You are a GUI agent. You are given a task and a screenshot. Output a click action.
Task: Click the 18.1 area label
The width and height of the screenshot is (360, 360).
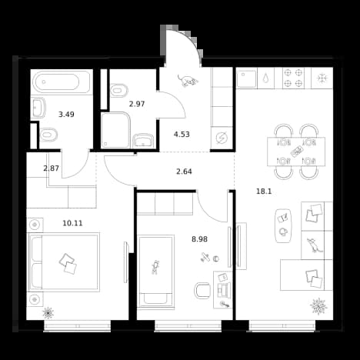tap(264, 192)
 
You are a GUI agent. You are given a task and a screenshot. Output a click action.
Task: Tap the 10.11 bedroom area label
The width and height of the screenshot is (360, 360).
tap(73, 223)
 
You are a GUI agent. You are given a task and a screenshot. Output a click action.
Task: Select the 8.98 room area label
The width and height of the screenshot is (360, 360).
tap(200, 239)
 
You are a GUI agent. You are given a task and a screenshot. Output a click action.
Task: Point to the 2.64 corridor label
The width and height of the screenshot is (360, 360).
tap(184, 172)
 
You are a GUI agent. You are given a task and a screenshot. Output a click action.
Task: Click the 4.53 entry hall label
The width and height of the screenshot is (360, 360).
tap(182, 134)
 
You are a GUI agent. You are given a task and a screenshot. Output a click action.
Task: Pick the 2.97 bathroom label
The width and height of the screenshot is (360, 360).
tap(137, 104)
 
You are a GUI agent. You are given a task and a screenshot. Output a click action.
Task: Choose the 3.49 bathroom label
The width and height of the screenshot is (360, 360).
tap(66, 115)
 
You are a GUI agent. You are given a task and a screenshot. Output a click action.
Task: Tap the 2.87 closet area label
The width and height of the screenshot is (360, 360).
tap(52, 168)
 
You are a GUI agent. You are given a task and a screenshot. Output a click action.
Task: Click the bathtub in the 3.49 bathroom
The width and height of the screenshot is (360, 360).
tap(61, 82)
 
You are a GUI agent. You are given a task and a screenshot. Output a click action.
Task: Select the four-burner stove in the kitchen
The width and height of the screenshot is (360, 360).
tap(293, 78)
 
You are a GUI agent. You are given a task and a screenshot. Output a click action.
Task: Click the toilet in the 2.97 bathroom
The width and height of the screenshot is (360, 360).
tap(119, 91)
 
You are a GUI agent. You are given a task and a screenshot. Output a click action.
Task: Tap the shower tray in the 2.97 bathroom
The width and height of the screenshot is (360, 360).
tap(115, 130)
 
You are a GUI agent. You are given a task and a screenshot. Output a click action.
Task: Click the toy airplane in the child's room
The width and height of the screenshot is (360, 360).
tap(205, 257)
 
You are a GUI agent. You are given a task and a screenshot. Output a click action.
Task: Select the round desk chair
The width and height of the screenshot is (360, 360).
tap(202, 291)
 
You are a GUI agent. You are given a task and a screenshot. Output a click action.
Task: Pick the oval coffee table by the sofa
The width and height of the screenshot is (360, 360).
tap(283, 225)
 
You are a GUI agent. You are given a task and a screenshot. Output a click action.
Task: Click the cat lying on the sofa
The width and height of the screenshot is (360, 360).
tap(312, 245)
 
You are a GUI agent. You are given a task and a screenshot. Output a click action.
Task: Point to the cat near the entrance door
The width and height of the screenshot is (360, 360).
tap(188, 81)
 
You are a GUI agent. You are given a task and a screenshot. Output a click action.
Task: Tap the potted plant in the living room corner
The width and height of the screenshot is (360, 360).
tap(318, 306)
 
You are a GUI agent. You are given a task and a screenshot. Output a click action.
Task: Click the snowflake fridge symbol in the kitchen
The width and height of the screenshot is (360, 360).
tap(322, 78)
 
